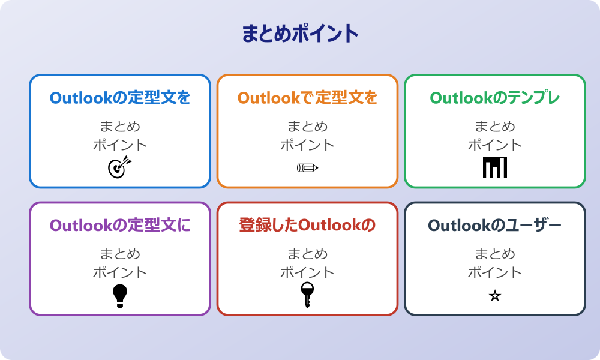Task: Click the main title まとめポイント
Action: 300,34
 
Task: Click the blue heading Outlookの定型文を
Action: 120,98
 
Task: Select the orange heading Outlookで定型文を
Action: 307,98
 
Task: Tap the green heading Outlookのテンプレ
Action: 495,98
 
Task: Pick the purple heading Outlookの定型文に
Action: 120,226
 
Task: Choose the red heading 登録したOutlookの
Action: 307,226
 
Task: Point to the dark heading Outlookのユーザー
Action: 495,226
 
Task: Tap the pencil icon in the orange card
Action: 307,167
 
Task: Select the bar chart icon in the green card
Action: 495,167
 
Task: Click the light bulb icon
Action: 120,296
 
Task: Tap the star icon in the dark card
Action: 495,296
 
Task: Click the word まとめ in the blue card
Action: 120,127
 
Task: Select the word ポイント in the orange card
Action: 307,145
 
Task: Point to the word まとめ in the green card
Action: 495,127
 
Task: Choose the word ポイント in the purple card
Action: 120,272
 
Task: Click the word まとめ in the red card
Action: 307,254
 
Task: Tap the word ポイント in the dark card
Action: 495,272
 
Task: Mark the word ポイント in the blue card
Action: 120,145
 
